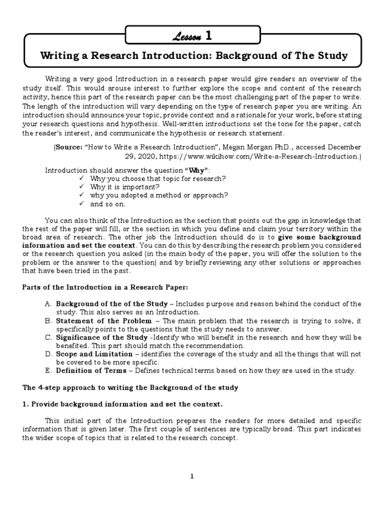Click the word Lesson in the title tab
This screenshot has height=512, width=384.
point(186,36)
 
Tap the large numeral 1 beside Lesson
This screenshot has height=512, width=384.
point(208,35)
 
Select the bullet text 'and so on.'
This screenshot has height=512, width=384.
point(108,204)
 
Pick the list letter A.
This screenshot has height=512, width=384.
point(48,304)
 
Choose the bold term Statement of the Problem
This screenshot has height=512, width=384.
point(103,321)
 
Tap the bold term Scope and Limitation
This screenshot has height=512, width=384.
point(94,354)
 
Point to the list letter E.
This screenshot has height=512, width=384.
point(48,370)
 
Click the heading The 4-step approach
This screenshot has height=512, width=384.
point(130,387)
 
